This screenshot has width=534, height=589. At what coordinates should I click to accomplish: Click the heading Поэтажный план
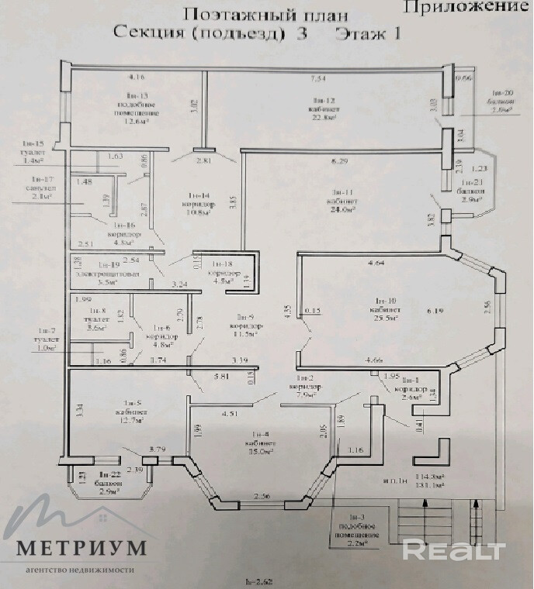pos(265,15)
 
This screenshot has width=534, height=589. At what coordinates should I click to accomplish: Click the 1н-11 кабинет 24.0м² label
pos(344,200)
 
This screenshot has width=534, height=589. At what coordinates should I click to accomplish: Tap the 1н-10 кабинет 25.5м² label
pos(386,308)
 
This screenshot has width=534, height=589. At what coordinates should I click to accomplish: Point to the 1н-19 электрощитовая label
pos(109,278)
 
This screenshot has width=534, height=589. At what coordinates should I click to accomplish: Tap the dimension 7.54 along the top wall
pos(318,79)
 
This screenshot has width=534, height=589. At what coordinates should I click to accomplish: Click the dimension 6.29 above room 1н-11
pos(338,161)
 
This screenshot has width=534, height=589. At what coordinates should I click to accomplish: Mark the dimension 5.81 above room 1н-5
pos(220,376)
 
